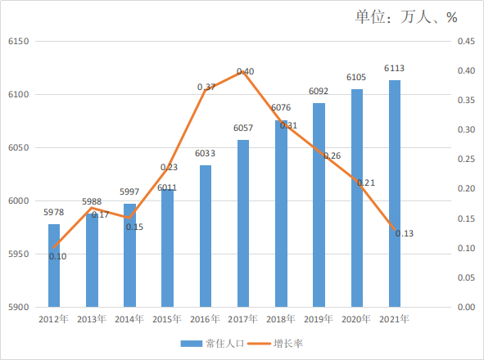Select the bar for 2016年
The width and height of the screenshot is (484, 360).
click(x=206, y=236)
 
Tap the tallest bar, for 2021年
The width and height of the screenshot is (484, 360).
click(x=395, y=194)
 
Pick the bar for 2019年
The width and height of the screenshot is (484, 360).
click(x=319, y=205)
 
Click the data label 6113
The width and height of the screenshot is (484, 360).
click(x=395, y=69)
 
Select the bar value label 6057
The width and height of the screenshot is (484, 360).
click(x=243, y=128)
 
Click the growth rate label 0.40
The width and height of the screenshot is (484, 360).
click(x=246, y=73)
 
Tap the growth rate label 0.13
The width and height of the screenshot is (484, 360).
click(x=405, y=233)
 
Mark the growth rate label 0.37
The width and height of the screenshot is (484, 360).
click(x=206, y=87)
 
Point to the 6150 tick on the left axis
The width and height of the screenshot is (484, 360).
click(x=18, y=42)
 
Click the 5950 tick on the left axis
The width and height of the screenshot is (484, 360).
click(x=18, y=254)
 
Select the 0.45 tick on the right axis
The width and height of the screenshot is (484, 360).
click(x=465, y=42)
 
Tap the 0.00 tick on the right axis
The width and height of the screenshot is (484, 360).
click(x=465, y=308)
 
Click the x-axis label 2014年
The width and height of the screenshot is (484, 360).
click(x=129, y=319)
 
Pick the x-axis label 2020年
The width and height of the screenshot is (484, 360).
click(x=356, y=319)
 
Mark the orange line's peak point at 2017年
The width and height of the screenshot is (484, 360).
click(x=243, y=71)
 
